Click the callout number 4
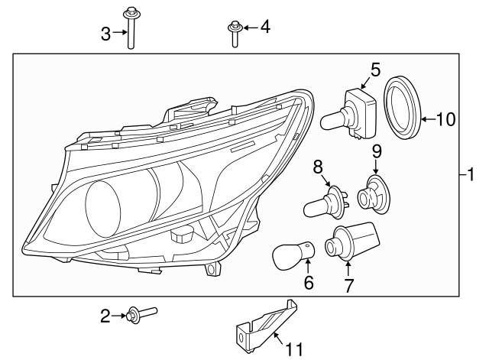pyautogui.click(x=264, y=28)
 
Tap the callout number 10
pyautogui.click(x=445, y=118)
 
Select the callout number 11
pyautogui.click(x=293, y=350)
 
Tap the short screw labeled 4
pyautogui.click(x=232, y=34)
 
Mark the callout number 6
pyautogui.click(x=309, y=284)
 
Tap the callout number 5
pyautogui.click(x=374, y=70)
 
